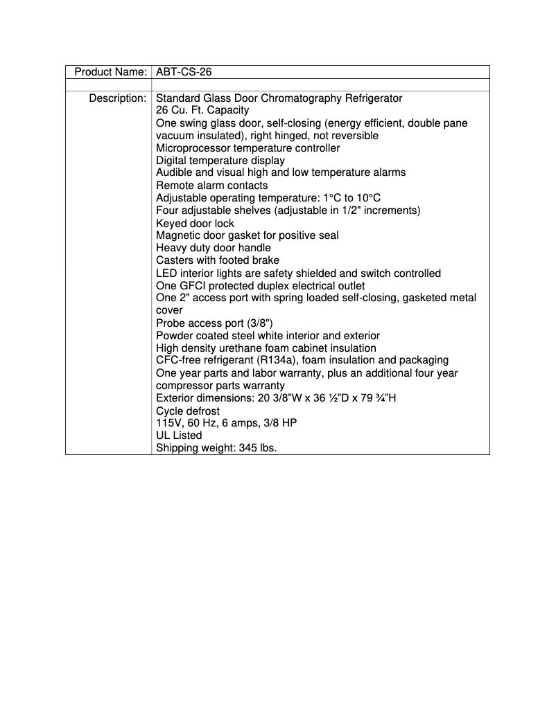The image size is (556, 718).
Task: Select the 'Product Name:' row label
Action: click(x=110, y=72)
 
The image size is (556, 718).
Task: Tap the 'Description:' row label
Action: click(x=117, y=98)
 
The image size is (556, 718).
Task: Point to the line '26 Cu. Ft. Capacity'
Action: click(x=202, y=111)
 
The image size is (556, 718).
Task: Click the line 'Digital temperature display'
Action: click(x=220, y=161)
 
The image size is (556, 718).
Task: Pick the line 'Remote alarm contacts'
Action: click(x=211, y=186)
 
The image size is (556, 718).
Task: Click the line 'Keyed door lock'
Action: click(x=195, y=224)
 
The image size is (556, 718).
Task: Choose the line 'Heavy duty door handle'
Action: click(x=214, y=248)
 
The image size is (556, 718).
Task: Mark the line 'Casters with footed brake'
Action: click(x=218, y=260)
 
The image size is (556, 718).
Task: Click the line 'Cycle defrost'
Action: click(x=188, y=411)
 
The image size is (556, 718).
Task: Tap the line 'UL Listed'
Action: click(x=179, y=436)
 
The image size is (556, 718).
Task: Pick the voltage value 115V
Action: click(x=168, y=423)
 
